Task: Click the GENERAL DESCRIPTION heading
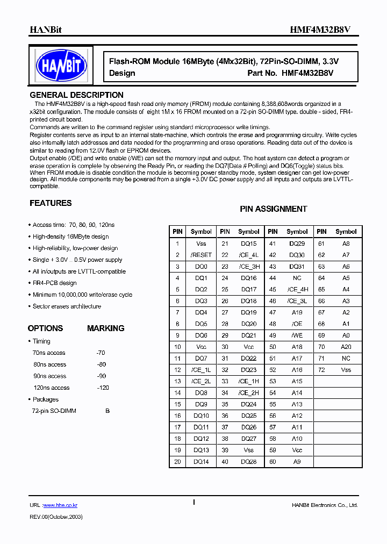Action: (76, 95)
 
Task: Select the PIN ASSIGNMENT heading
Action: (273, 209)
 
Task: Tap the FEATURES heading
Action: (51, 203)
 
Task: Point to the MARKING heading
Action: (105, 328)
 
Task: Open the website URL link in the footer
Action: (60, 505)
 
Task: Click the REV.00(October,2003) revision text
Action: (56, 516)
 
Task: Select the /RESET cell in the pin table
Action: (201, 255)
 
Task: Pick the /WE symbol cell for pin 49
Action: (297, 335)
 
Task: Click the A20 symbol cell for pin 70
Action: (346, 347)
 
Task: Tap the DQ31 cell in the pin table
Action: (297, 267)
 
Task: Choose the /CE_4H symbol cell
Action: (297, 289)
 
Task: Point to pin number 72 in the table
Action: (321, 370)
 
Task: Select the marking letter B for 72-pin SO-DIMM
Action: (107, 411)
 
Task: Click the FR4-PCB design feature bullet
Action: (54, 283)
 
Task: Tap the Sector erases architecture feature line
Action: (67, 306)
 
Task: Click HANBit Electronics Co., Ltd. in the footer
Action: (325, 505)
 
